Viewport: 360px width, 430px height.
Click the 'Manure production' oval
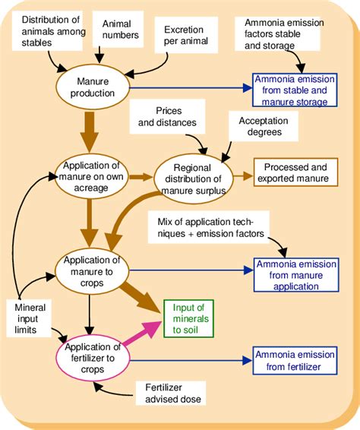pyautogui.click(x=95, y=87)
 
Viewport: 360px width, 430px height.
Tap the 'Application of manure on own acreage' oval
pyautogui.click(x=90, y=177)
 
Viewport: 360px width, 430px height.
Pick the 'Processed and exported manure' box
pyautogui.click(x=296, y=172)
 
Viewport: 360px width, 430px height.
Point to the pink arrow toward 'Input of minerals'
pyautogui.click(x=141, y=334)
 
